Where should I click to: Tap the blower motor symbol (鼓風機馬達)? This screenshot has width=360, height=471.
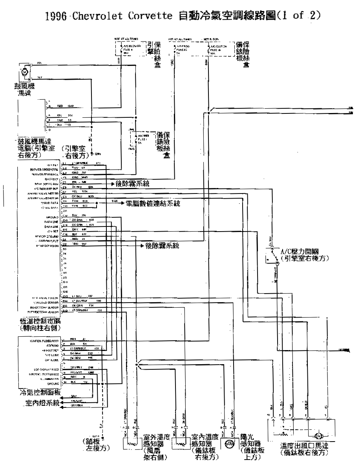(x=24, y=72)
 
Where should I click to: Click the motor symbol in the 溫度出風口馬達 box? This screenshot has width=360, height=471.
(x=318, y=436)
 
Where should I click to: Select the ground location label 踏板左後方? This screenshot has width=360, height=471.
(x=97, y=444)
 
